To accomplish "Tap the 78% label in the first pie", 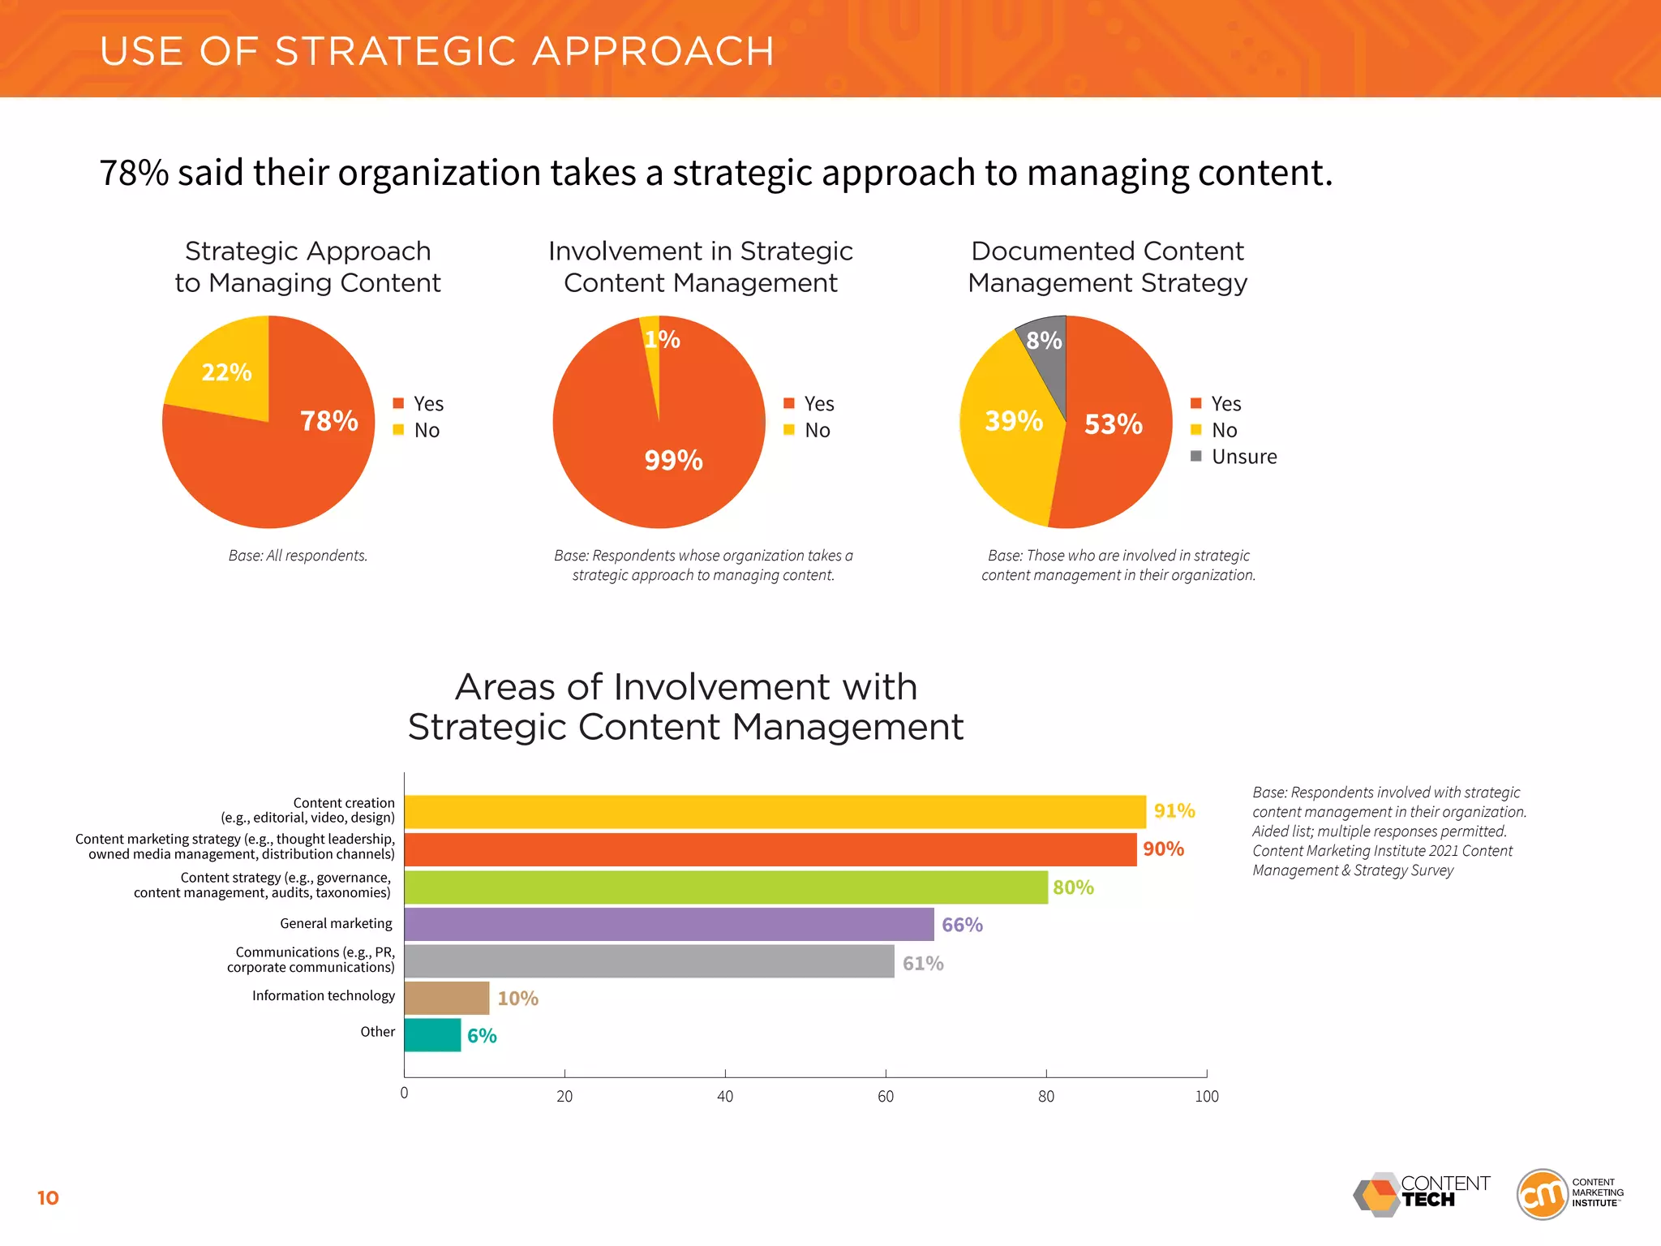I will (328, 421).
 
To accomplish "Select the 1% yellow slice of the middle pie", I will (652, 349).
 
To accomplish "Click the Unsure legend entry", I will (1243, 457).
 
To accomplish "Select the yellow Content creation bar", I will (775, 812).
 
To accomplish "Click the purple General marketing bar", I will (669, 925).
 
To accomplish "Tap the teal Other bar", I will (432, 1035).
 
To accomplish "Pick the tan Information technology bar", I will (447, 998).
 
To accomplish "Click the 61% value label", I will (923, 963).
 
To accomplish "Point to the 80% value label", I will (1073, 887).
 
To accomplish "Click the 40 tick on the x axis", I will (725, 1096).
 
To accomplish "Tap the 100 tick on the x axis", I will (1206, 1096).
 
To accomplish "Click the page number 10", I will (48, 1198).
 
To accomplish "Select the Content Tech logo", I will (1422, 1194).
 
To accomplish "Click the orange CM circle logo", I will (1541, 1194).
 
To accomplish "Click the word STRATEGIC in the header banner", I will (397, 51).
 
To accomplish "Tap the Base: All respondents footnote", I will (298, 556).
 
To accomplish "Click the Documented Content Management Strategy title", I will (1107, 267).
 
